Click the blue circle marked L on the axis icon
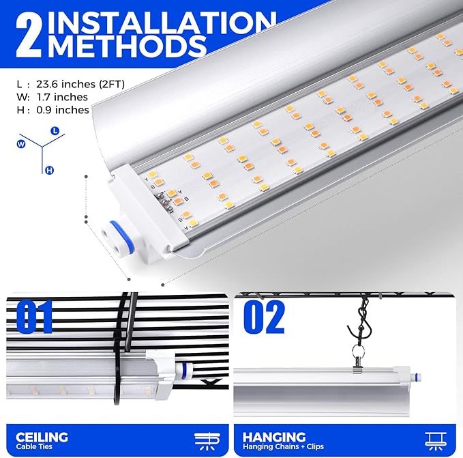[x=55, y=130]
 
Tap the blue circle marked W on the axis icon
[x=21, y=144]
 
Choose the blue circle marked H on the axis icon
[x=50, y=170]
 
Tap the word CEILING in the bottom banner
[x=42, y=437]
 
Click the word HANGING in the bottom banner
[x=273, y=437]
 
